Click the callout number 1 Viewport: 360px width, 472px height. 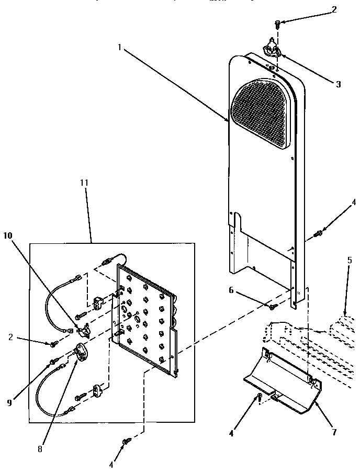[x=120, y=47]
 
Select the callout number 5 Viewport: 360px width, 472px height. [x=349, y=259]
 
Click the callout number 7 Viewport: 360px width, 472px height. [x=333, y=432]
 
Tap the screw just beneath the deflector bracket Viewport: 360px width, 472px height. [x=258, y=399]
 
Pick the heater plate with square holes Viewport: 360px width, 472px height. [x=147, y=320]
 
